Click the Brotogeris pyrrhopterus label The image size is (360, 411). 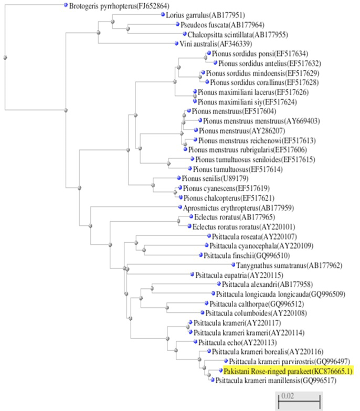(119, 6)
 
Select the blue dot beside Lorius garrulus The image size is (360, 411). (163, 15)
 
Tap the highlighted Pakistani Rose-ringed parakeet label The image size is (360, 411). (288, 371)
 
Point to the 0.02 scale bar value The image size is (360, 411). (288, 395)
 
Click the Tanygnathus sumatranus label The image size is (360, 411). (289, 265)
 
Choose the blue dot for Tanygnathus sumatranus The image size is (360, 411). (233, 265)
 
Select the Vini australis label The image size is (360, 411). (216, 44)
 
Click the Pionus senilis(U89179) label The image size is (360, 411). (215, 178)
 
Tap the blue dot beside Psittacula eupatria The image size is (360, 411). (192, 275)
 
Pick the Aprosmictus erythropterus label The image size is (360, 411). (238, 208)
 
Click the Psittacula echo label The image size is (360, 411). (237, 342)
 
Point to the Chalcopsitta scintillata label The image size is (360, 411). (238, 35)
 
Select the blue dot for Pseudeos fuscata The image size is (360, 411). (177, 24)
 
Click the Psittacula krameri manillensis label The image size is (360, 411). (276, 381)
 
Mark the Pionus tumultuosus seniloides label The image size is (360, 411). (255, 159)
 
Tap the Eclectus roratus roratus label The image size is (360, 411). (243, 226)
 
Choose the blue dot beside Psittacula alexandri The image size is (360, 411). (219, 284)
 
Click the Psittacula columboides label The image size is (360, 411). (256, 313)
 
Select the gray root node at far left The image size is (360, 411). (5, 58)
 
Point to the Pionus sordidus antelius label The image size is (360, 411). (270, 63)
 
